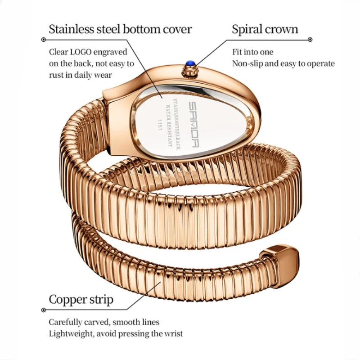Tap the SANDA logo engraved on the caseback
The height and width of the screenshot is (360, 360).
pyautogui.click(x=194, y=125)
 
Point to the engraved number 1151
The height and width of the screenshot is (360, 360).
pyautogui.click(x=160, y=125)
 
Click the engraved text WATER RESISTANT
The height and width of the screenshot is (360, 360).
pyautogui.click(x=169, y=126)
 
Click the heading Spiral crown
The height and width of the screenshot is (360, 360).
pyautogui.click(x=265, y=29)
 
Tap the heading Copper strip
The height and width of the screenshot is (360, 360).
pyautogui.click(x=81, y=300)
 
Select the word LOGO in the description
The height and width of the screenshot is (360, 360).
pyautogui.click(x=81, y=52)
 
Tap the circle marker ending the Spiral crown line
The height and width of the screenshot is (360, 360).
pyautogui.click(x=310, y=40)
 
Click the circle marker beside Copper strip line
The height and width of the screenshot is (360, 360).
pyautogui.click(x=43, y=310)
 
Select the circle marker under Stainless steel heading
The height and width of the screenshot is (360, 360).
pyautogui.click(x=43, y=40)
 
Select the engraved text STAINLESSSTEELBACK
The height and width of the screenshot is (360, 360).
pyautogui.click(x=176, y=124)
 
